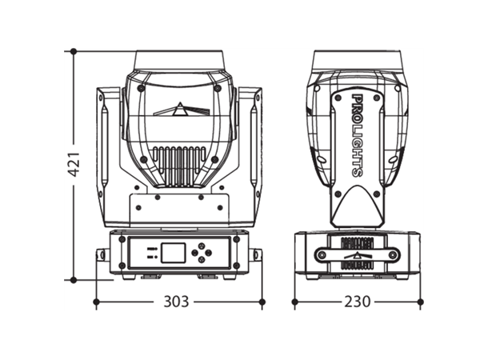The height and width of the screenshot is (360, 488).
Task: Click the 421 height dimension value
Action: [x=73, y=166]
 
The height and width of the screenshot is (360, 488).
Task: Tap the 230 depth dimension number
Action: [x=358, y=302]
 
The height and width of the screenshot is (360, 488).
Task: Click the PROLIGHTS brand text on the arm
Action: [x=357, y=135]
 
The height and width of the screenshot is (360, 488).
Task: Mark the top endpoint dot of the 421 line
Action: [x=73, y=51]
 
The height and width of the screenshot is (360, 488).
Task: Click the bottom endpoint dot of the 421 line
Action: [x=73, y=280]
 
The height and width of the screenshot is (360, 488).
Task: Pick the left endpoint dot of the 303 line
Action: [x=96, y=302]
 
